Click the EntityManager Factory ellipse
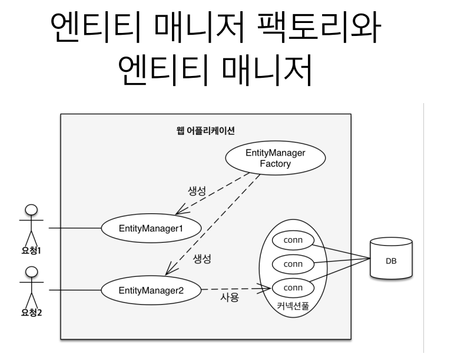point(276,158)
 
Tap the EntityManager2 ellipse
point(151,290)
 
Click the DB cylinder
point(390,259)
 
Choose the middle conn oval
point(293,264)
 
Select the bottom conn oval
point(293,288)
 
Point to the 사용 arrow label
point(230,298)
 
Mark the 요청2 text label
point(31,312)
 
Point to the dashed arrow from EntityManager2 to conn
point(236,289)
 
